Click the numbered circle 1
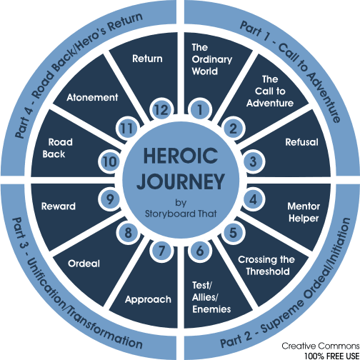200,110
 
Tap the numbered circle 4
251,196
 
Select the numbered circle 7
161,250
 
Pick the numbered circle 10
109,161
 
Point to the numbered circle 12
161,110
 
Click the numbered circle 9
109,196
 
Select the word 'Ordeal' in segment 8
85,263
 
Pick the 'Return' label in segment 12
148,59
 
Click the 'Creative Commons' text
322,345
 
